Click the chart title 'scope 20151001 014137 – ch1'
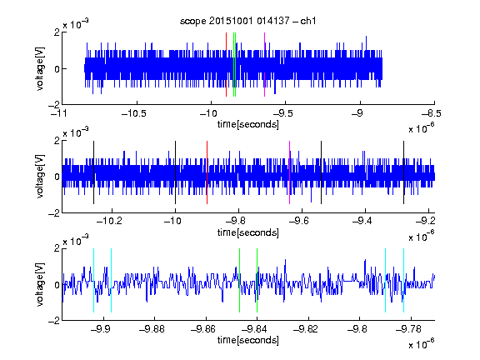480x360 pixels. tap(247, 21)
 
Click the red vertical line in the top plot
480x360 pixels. tap(226, 65)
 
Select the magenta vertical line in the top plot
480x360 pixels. tap(264, 65)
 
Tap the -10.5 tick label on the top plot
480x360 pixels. tap(134, 113)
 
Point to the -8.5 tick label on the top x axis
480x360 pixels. tap(432, 113)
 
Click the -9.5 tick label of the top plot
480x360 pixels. tap(282, 113)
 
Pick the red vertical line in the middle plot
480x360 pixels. tap(207, 172)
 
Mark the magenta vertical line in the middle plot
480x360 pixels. tap(290, 172)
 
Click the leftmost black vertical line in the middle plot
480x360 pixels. tap(93, 172)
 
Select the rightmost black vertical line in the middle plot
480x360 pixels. tap(403, 172)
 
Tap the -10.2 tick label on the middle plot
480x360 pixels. tap(109, 221)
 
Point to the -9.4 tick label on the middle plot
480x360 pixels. tap(362, 221)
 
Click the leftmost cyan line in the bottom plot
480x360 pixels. tap(93, 280)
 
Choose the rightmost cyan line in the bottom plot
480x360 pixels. tap(404, 280)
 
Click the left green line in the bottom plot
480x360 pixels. tap(239, 280)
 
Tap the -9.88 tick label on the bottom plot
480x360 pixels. tap(152, 329)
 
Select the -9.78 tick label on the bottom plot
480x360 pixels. tap(408, 329)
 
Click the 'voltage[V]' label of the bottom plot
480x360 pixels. tap(40, 284)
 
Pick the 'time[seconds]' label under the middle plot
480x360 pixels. tap(248, 232)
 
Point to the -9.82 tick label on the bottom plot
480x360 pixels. tap(306, 329)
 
